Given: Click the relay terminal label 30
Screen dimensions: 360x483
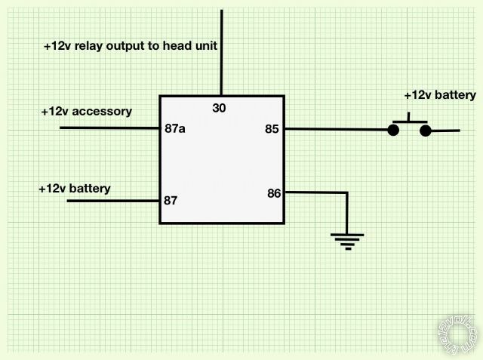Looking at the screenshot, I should tap(219, 108).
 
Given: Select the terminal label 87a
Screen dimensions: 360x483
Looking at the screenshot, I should tap(175, 128).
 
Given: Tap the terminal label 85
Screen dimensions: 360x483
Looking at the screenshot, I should tap(272, 129).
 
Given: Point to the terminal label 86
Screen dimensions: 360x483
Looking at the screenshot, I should tap(274, 193).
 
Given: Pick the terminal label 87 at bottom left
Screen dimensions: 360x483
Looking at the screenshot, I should tap(171, 201).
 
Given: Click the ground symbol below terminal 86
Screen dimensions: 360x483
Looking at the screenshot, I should tap(347, 240).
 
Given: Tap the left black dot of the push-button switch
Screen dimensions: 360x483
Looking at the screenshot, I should tap(393, 130).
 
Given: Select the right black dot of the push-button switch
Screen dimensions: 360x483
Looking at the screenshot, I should tap(426, 131).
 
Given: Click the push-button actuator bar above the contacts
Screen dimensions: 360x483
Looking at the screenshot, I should tap(409, 120).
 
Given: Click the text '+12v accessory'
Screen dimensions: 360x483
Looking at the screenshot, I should tap(86, 112).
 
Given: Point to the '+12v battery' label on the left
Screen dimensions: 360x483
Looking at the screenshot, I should tap(74, 188).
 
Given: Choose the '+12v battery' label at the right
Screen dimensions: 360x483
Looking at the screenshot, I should tap(440, 95).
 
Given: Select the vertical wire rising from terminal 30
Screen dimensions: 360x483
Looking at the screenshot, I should tap(222, 53).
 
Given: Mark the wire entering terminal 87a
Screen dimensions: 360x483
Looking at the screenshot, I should tap(109, 128).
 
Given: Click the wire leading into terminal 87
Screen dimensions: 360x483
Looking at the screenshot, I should tap(113, 201).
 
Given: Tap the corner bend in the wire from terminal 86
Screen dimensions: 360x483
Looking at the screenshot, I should tap(347, 192).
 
